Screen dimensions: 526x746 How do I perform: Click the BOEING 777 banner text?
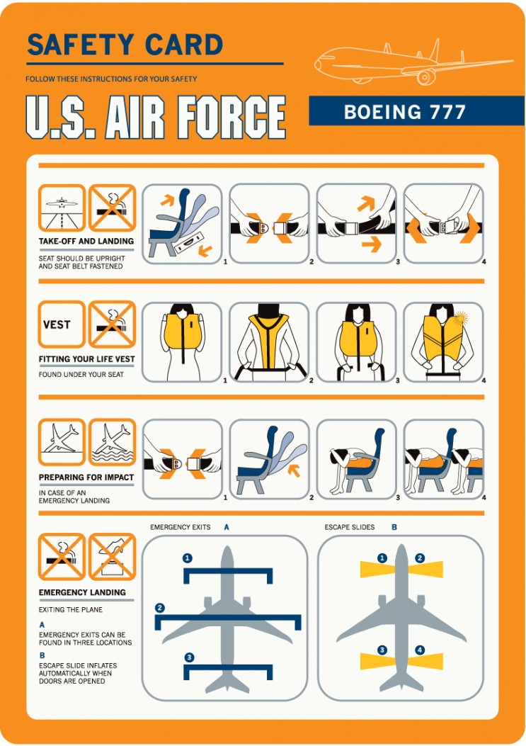[405, 112]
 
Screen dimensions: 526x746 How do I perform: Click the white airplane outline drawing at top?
[413, 63]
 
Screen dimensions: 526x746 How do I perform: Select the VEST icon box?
[62, 324]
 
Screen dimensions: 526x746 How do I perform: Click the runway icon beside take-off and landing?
[62, 208]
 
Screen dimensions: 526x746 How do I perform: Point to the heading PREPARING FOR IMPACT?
[86, 477]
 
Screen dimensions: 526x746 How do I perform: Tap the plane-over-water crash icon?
[113, 442]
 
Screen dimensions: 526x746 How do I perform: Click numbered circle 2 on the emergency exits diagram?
[160, 608]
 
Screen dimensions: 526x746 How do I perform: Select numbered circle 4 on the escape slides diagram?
[420, 650]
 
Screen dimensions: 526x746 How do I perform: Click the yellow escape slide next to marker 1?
[377, 570]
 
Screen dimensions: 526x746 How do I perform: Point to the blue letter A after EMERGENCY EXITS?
[227, 527]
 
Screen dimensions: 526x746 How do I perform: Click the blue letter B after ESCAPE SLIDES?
[394, 527]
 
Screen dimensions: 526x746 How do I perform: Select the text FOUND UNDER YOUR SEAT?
[81, 375]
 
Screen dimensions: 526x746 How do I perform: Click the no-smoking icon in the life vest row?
[113, 324]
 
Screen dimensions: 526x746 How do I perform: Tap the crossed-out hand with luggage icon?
[113, 557]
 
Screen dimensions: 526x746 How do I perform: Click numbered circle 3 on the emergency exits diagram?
[189, 657]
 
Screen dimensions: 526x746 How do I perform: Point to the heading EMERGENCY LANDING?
[82, 592]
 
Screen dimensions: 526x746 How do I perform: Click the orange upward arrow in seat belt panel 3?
[366, 203]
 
